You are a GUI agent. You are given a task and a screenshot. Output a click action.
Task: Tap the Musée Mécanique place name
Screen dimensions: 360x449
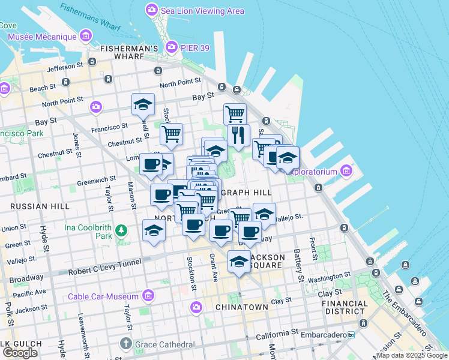point(42,37)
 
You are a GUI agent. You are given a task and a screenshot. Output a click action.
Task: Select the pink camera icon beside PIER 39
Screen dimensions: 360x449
point(172,47)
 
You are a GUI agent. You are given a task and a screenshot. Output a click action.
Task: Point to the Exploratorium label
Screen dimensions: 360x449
point(312,172)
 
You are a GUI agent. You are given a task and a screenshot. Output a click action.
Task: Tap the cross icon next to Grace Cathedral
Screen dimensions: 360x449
point(125,344)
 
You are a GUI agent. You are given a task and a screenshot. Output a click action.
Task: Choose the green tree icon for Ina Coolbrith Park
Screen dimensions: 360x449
point(121,230)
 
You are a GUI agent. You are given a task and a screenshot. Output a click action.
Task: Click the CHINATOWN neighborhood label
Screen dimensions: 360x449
point(241,307)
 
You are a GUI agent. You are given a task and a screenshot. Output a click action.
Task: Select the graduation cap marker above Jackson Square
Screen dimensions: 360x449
point(240,261)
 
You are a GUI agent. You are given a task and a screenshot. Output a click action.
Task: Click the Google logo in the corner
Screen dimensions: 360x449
point(20,353)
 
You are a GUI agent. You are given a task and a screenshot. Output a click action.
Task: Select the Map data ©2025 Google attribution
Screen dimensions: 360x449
point(412,355)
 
